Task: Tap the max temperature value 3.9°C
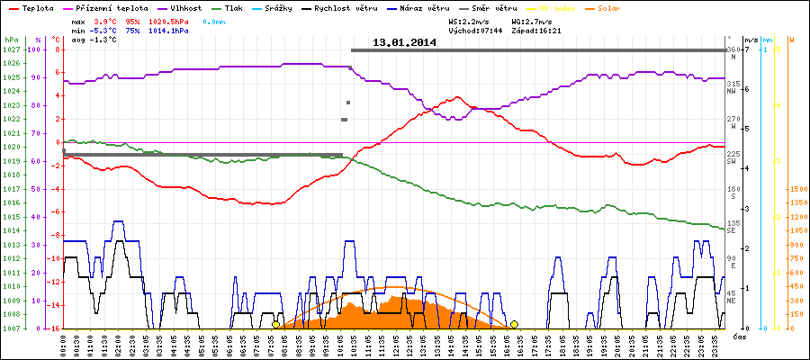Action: pos(106,20)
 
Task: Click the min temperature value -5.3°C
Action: pos(104,30)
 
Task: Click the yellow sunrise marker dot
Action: pos(275,324)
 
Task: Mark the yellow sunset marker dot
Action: pos(514,324)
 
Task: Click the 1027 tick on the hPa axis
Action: pos(11,49)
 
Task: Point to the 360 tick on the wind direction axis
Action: pos(733,49)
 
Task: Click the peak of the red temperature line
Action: pos(458,96)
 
